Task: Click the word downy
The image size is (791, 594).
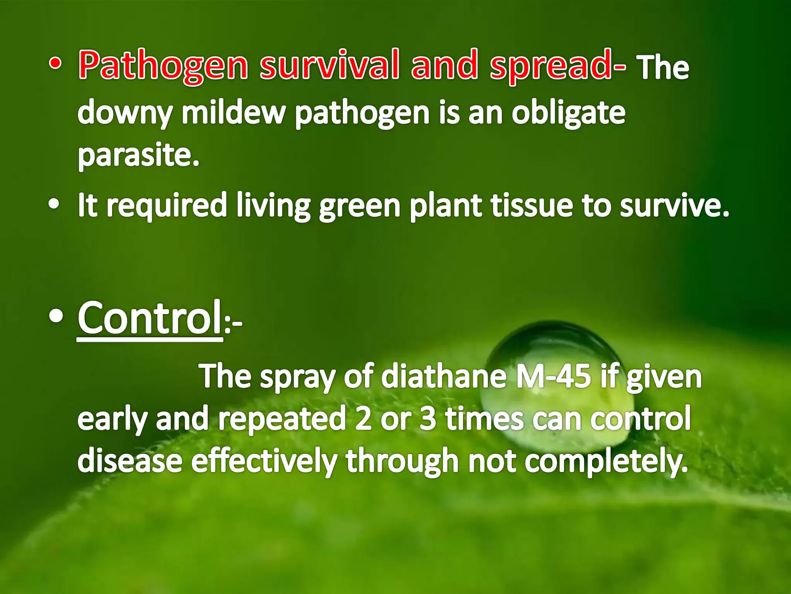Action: point(125,113)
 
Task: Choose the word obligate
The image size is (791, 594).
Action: point(568,113)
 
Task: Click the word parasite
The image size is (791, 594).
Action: point(138,155)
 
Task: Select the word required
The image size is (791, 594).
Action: point(166,206)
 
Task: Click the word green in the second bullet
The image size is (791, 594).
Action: point(360,207)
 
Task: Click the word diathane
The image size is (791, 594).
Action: point(444,376)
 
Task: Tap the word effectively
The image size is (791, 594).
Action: point(264,461)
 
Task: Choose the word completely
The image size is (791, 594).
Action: point(606,461)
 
